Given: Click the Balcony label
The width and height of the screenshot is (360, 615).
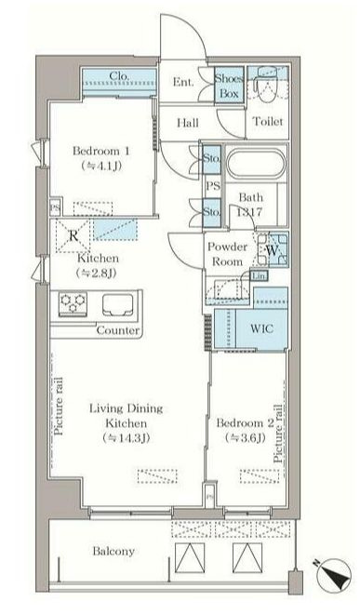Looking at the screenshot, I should [114, 551].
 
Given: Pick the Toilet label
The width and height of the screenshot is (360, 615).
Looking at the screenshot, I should [267, 123].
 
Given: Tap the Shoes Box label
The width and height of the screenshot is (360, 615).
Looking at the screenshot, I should [229, 87].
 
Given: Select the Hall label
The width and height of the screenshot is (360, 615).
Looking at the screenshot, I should [186, 122].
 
